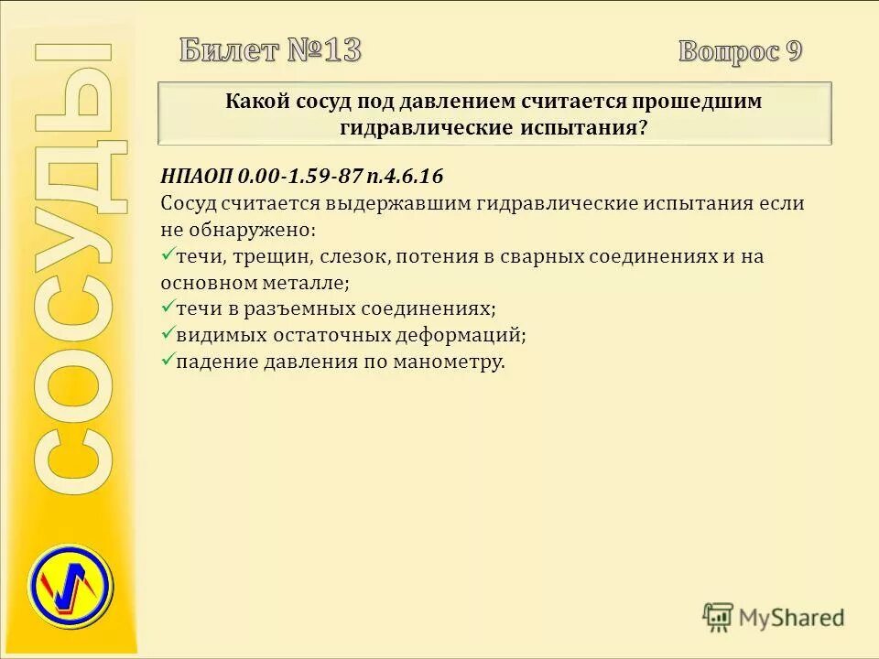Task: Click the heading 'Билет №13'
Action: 270,50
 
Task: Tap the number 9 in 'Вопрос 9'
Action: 794,51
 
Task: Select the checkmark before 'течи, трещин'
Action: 167,255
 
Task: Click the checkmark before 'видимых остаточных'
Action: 167,334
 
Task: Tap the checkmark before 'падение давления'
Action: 167,361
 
